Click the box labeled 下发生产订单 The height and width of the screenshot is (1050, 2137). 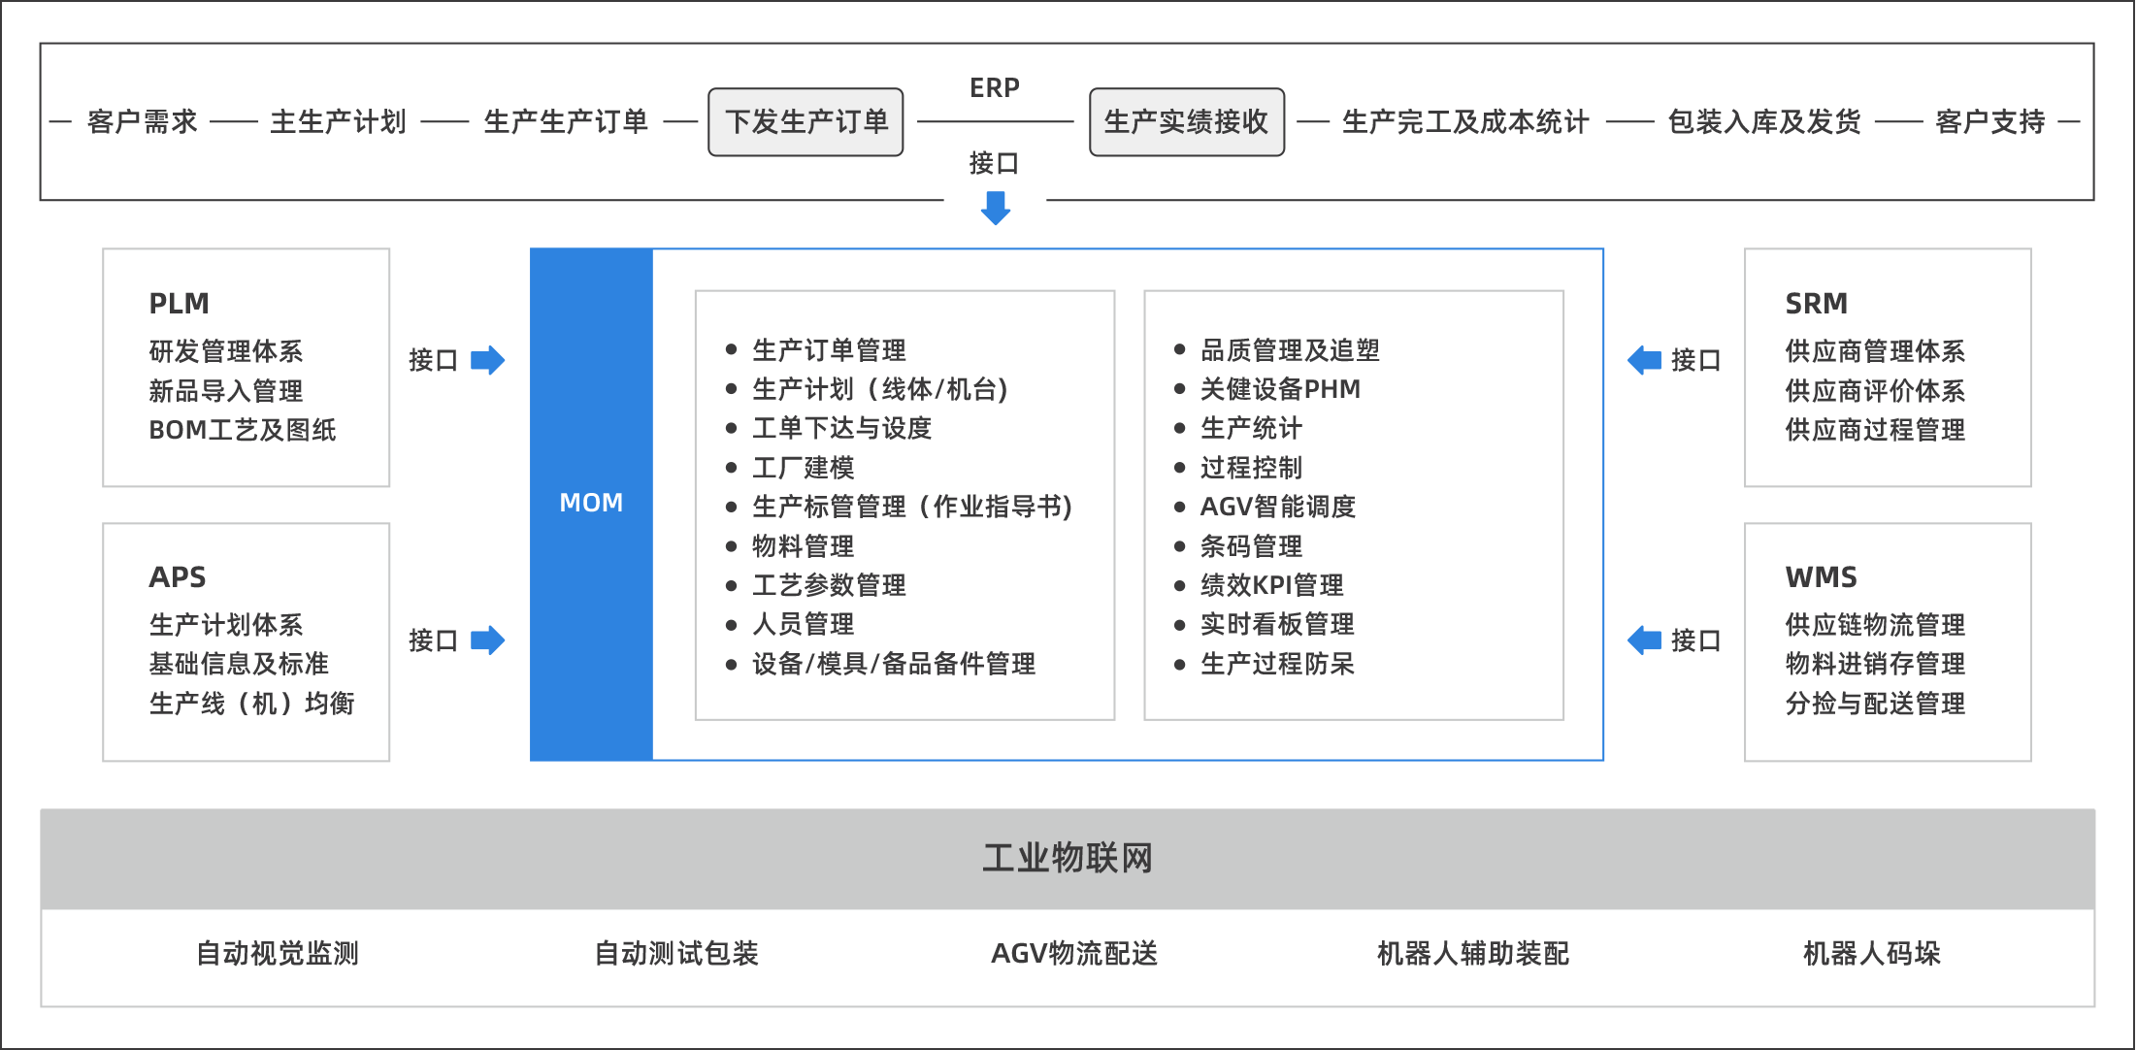click(x=805, y=122)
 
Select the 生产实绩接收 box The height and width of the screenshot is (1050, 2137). click(x=1187, y=122)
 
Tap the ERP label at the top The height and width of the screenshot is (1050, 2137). click(x=995, y=88)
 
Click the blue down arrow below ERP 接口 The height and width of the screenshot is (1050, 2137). click(x=996, y=208)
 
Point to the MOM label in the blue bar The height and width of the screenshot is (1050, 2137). click(x=591, y=503)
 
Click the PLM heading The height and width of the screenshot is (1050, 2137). click(x=180, y=304)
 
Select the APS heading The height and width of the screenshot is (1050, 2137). click(x=178, y=577)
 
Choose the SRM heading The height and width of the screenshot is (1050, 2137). click(x=1817, y=304)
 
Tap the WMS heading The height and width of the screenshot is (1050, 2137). click(x=1822, y=577)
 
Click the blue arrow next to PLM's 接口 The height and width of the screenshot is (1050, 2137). click(x=488, y=360)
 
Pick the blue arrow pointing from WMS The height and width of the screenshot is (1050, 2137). click(x=1645, y=640)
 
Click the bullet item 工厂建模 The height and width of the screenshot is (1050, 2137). click(x=804, y=468)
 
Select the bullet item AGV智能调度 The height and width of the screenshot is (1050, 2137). click(x=1278, y=507)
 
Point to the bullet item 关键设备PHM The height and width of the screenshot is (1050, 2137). click(x=1281, y=389)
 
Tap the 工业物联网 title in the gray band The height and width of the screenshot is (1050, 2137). click(x=1068, y=859)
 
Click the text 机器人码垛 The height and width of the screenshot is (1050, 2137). click(x=1872, y=954)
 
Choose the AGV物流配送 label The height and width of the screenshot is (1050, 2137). click(x=1074, y=954)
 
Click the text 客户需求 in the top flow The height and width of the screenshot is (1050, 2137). click(x=143, y=122)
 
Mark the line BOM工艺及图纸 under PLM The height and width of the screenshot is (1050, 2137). click(x=243, y=430)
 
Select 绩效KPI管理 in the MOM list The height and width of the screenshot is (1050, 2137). click(x=1272, y=585)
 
